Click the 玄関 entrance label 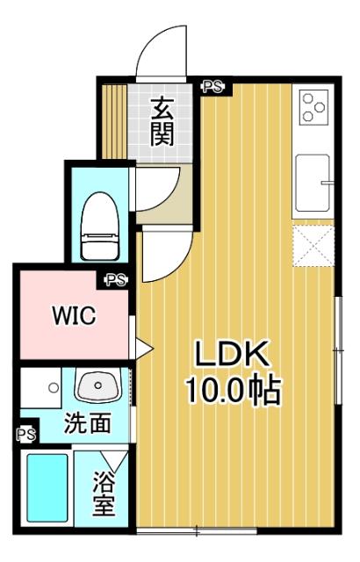point(162,121)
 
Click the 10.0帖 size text point(232,389)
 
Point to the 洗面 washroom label point(87,423)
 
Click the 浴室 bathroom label point(104,494)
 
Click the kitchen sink point(313,182)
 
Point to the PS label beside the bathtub point(26,434)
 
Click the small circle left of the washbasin point(54,385)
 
